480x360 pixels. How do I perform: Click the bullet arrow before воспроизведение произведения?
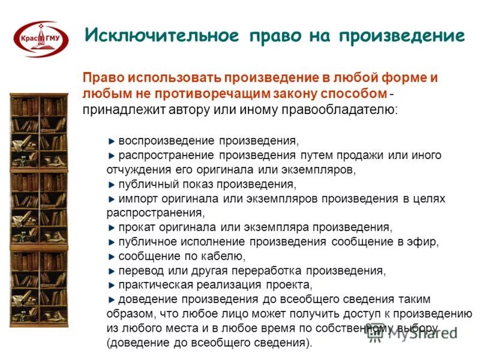(x=112, y=141)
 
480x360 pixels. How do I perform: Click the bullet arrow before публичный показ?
(x=112, y=184)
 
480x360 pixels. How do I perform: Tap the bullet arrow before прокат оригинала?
(x=112, y=227)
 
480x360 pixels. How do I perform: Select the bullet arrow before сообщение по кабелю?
(x=112, y=256)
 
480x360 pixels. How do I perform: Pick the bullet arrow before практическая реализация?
(x=112, y=285)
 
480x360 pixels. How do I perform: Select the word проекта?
(x=291, y=285)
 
